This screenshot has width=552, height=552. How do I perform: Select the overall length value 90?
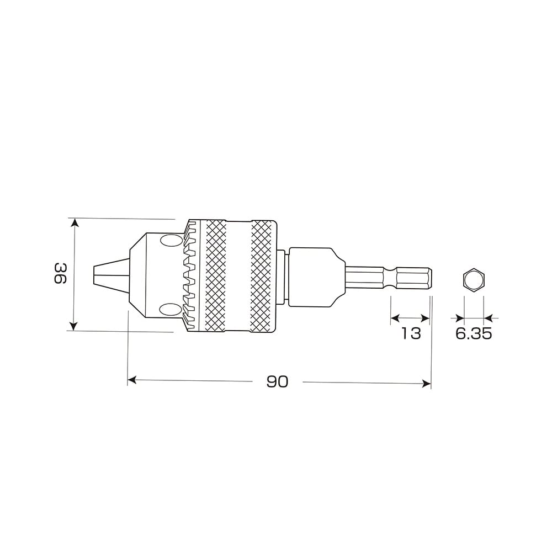pyautogui.click(x=277, y=381)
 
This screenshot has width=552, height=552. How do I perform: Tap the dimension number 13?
pyautogui.click(x=411, y=333)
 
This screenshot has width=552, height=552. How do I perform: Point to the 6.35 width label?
pyautogui.click(x=474, y=333)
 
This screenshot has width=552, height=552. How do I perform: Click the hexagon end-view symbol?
pyautogui.click(x=473, y=279)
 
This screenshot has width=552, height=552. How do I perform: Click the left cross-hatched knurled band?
pyautogui.click(x=215, y=275)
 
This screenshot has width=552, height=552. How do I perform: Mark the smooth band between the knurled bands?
pyautogui.click(x=238, y=275)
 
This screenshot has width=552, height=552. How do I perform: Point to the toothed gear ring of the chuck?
pyautogui.click(x=190, y=275)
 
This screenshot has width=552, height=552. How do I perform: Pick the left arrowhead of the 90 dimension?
pyautogui.click(x=132, y=380)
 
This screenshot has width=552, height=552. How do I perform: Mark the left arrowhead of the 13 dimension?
pyautogui.click(x=395, y=318)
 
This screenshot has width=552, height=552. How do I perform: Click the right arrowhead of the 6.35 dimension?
pyautogui.click(x=488, y=318)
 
